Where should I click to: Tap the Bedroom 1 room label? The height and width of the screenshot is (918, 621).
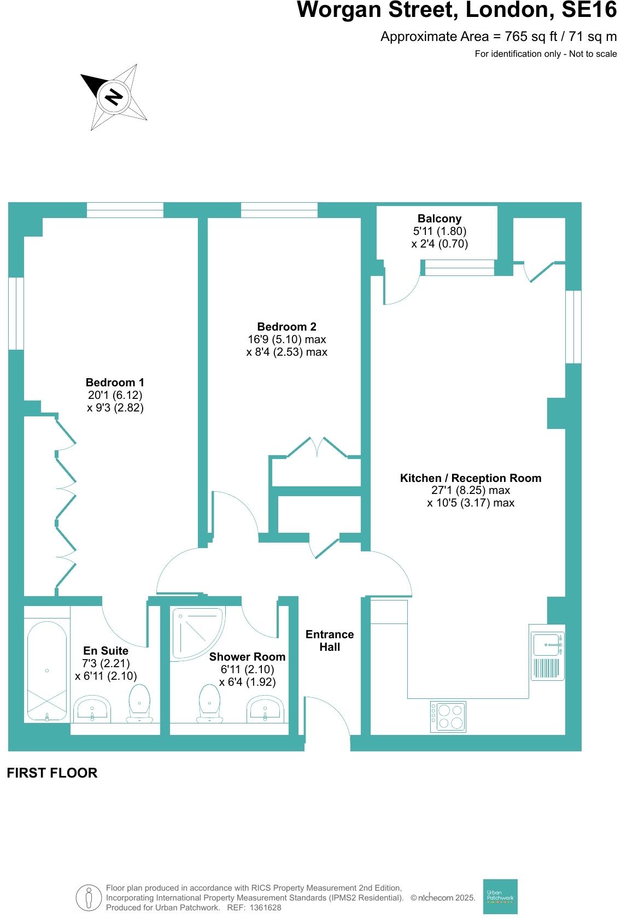pyautogui.click(x=115, y=382)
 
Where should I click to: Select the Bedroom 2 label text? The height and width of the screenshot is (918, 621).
pyautogui.click(x=287, y=327)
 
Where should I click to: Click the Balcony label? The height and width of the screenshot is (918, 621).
pyautogui.click(x=440, y=219)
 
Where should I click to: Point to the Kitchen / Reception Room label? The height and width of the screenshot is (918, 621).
pyautogui.click(x=471, y=478)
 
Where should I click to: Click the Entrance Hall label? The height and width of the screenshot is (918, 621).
pyautogui.click(x=330, y=640)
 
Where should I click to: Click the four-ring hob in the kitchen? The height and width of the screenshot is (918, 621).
pyautogui.click(x=448, y=716)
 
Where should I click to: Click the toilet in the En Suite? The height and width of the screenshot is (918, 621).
pyautogui.click(x=139, y=703)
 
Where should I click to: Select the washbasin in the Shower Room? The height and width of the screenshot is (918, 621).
pyautogui.click(x=265, y=709)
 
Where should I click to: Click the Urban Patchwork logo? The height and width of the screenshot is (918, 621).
pyautogui.click(x=500, y=896)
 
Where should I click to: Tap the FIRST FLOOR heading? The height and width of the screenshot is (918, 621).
pyautogui.click(x=52, y=773)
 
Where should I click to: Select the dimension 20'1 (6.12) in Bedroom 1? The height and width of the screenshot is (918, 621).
pyautogui.click(x=115, y=395)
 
